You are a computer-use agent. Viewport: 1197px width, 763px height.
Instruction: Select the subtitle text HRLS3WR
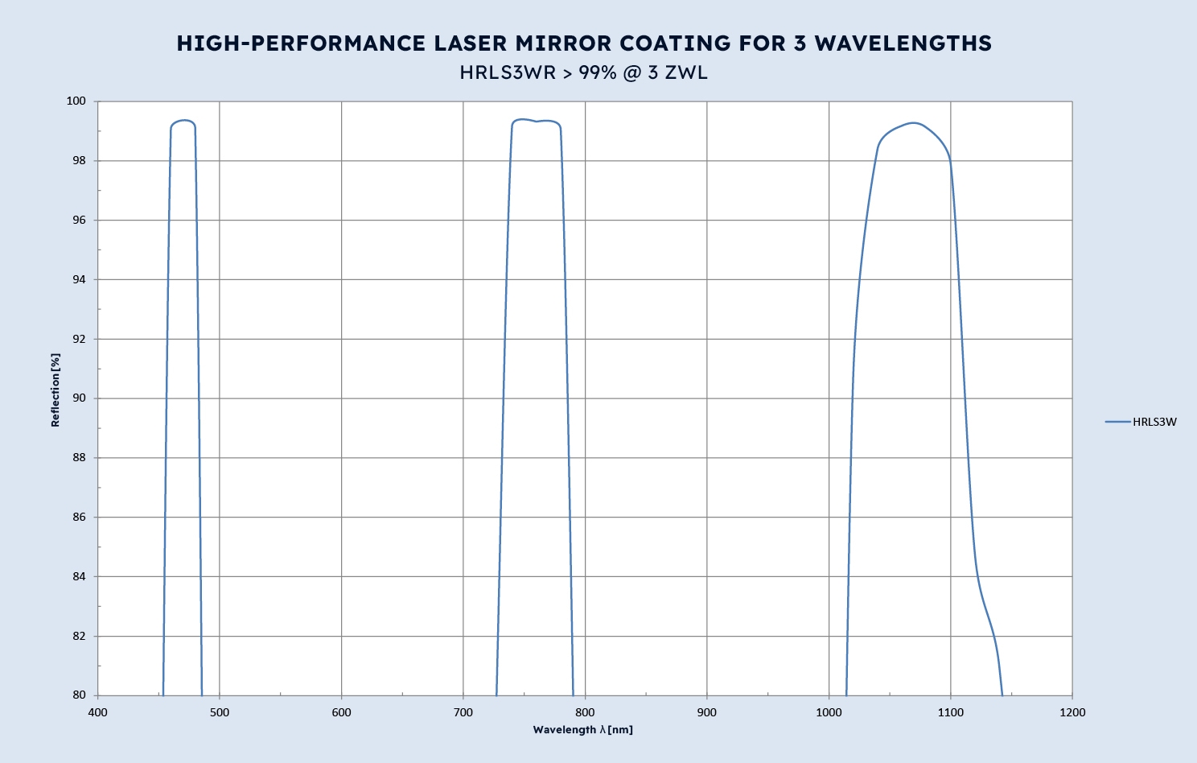508,72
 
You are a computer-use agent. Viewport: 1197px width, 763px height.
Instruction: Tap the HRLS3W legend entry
1154,422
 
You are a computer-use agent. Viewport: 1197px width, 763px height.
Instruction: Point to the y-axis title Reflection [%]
56,390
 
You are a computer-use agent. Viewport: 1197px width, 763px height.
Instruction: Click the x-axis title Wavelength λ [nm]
582,730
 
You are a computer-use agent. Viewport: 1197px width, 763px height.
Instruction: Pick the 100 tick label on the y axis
76,101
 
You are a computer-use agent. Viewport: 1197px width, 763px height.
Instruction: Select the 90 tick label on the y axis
79,398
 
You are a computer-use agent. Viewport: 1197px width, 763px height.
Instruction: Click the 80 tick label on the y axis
79,695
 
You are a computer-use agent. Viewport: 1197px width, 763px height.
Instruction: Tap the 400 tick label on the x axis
97,712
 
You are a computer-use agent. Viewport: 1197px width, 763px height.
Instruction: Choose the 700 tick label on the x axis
463,712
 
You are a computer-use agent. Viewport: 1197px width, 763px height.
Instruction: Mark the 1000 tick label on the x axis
829,712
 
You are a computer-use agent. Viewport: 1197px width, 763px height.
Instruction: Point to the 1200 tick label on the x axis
1072,712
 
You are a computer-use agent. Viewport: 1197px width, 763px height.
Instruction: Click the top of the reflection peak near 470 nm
184,121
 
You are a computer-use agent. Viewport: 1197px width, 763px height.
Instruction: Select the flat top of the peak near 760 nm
536,122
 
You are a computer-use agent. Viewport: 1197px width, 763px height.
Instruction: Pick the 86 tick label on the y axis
79,518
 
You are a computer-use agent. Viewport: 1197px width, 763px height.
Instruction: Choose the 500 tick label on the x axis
219,712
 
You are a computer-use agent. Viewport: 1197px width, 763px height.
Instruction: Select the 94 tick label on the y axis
79,279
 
